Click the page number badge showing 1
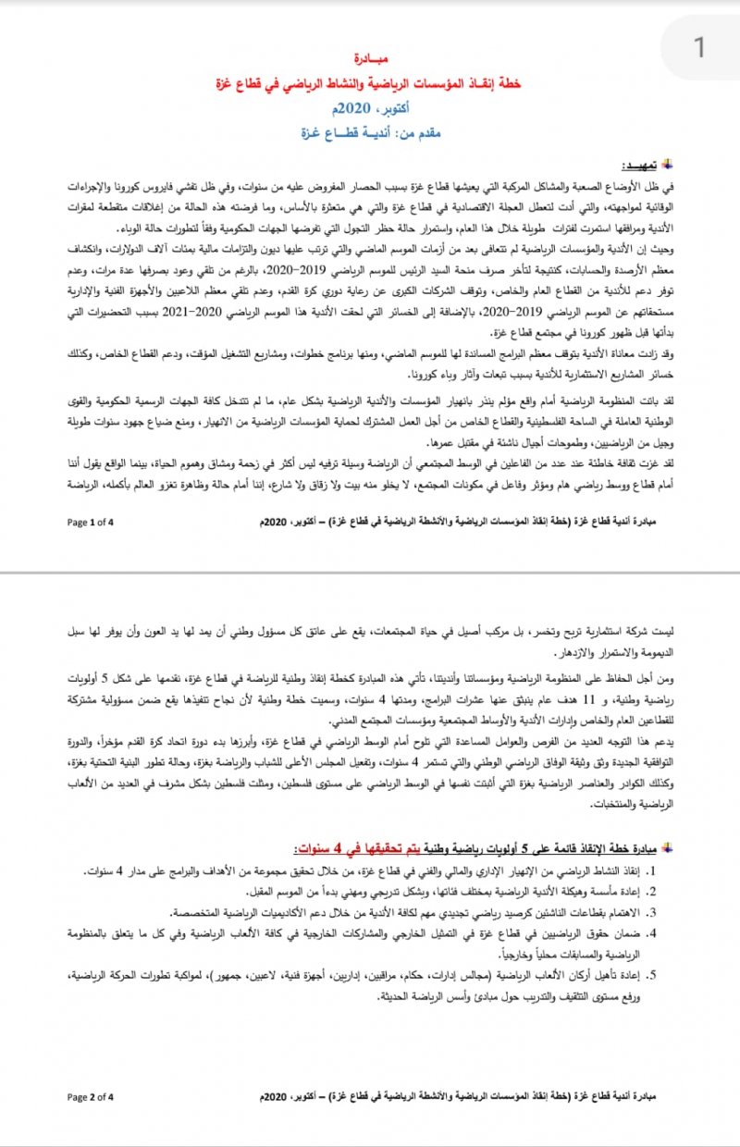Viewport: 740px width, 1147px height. pos(700,46)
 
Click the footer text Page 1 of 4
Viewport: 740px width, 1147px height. pos(90,523)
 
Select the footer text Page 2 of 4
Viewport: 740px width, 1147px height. pos(90,1098)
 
